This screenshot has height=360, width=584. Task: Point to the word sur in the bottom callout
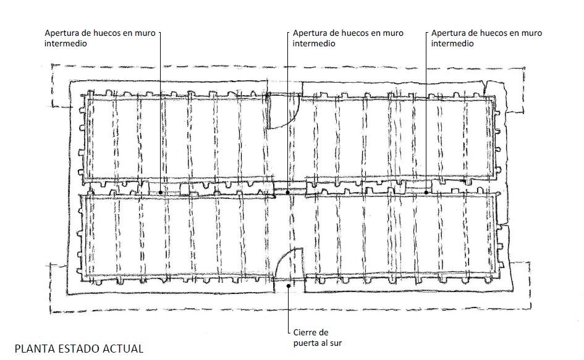tap(335, 343)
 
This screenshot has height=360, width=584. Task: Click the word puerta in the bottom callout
tap(305, 343)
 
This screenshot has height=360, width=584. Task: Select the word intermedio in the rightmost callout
tap(452, 44)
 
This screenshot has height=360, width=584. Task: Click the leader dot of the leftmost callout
tap(161, 193)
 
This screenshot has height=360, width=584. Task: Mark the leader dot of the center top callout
tap(287, 193)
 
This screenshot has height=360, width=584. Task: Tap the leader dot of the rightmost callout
tap(426, 193)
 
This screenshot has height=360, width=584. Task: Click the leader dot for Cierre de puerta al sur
tap(288, 285)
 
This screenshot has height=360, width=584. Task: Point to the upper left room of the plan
tap(177, 138)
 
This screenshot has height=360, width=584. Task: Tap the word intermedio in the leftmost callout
tap(66, 44)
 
